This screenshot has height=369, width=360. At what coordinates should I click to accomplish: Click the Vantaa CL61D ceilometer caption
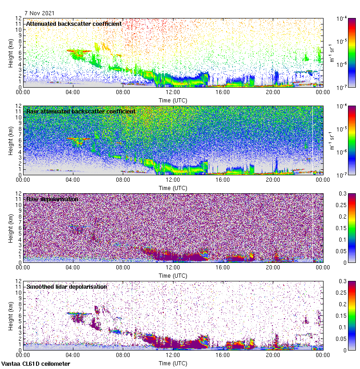(36, 364)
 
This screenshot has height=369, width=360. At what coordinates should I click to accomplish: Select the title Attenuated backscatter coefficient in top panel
(74, 24)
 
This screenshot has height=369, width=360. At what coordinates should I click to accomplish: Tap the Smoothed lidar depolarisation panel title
(66, 286)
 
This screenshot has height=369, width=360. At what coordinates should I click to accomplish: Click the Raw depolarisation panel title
(52, 199)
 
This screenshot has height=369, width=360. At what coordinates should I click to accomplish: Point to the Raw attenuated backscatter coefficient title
(81, 111)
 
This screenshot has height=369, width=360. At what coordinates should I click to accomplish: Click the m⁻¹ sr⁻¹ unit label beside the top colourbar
(331, 53)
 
